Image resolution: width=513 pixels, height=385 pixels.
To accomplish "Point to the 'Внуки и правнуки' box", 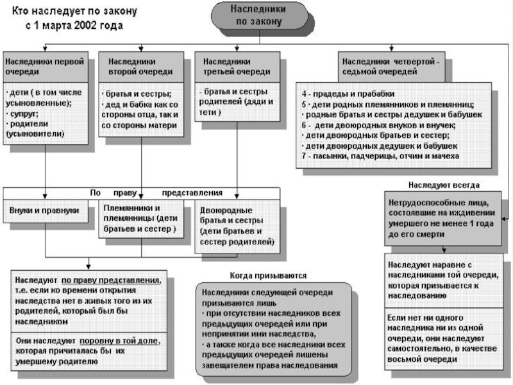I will [x=44, y=210].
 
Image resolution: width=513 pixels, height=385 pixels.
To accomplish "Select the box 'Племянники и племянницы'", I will [x=142, y=219].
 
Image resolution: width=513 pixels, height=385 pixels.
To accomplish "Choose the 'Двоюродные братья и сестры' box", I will [x=237, y=225].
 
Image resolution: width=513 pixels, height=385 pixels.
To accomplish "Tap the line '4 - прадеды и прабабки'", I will [x=344, y=94].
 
